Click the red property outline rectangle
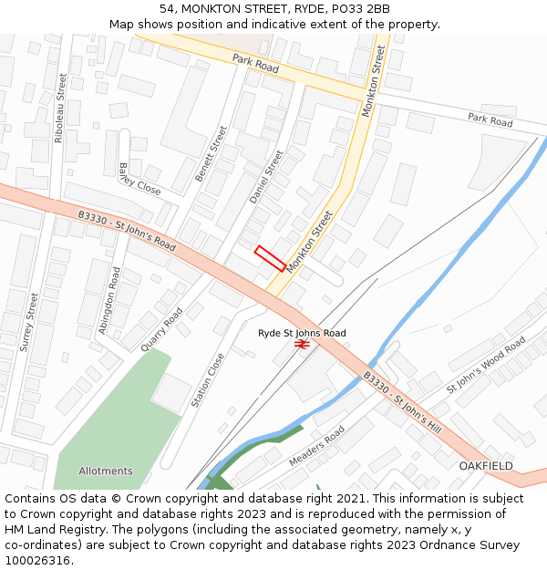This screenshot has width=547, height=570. point(270,258)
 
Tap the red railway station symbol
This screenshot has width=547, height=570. point(302,344)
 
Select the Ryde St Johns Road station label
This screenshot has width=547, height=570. point(302,333)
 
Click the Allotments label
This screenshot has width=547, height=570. point(106,472)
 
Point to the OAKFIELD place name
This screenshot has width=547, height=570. point(486,466)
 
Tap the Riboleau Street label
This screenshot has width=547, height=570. point(60,108)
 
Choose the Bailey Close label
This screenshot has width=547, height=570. point(139,180)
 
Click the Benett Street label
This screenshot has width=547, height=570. point(211,153)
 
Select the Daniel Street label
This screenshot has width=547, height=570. point(266,176)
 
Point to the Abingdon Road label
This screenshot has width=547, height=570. point(109,300)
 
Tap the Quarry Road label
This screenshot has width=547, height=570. point(162,329)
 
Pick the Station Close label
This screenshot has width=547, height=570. point(207,380)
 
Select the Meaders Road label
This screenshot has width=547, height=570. point(316,446)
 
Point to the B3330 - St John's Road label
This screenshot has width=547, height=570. point(127,231)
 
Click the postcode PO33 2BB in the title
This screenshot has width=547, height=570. point(360,9)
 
